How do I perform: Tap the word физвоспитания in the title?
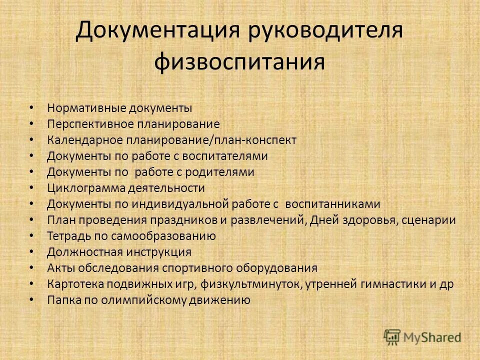click(239, 62)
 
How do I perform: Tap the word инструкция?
click(159, 252)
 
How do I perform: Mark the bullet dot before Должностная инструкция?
click(31, 251)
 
